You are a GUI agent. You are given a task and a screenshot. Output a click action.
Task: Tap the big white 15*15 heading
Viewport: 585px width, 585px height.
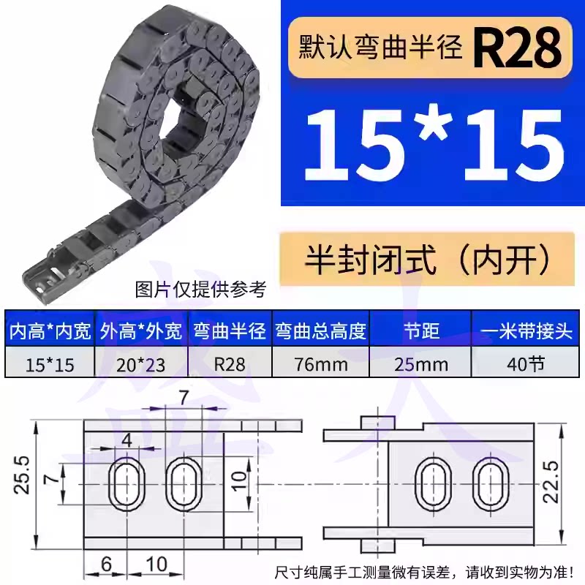click(x=434, y=146)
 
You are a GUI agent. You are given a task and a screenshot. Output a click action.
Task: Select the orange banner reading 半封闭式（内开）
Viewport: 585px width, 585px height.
click(x=427, y=259)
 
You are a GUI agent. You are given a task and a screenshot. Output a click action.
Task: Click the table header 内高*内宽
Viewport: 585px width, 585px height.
click(x=50, y=331)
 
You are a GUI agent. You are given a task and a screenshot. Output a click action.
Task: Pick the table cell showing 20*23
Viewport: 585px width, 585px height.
click(x=140, y=364)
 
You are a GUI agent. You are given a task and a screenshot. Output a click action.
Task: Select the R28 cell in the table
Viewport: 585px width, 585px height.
click(x=230, y=364)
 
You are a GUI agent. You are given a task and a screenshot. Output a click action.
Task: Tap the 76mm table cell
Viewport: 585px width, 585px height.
click(x=321, y=364)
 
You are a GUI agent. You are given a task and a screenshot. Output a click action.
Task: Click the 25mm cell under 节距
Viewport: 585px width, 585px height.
click(x=421, y=364)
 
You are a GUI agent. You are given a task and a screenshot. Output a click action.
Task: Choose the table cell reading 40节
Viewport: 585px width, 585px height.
click(x=526, y=363)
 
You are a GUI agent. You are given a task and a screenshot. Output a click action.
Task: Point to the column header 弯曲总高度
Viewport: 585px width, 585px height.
click(x=321, y=331)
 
